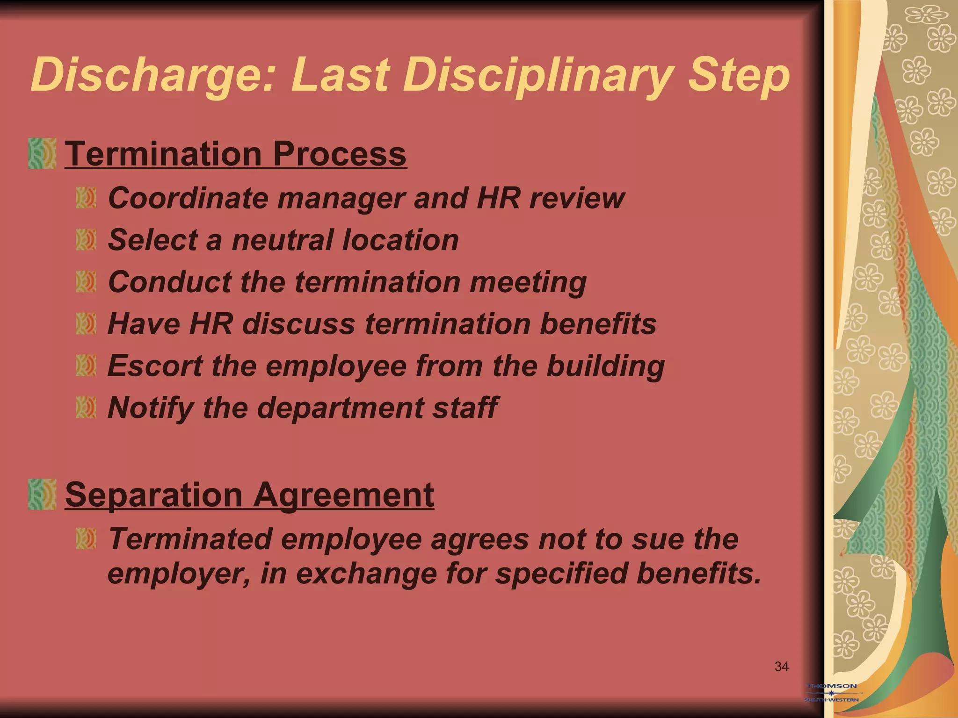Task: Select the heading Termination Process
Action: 236,154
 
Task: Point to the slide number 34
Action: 782,667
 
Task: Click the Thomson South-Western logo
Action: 833,693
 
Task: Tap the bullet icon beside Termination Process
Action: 42,153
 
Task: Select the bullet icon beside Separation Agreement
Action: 42,494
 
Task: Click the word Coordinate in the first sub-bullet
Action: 188,198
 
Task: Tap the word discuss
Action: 298,324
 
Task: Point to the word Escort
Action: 155,366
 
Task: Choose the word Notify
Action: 150,408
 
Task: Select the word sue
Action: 657,539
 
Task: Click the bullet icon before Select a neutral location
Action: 86,240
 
